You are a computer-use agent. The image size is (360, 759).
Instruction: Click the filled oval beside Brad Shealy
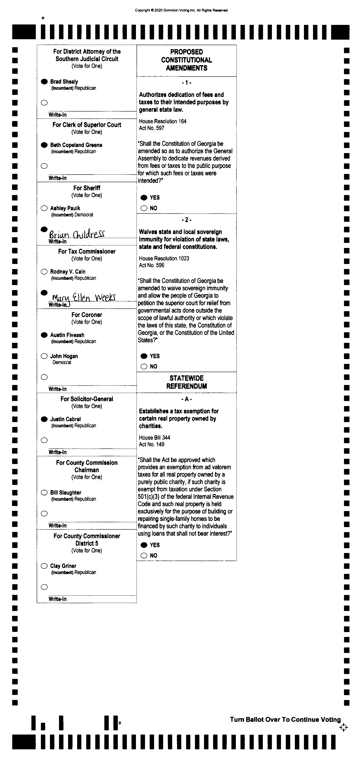point(44,82)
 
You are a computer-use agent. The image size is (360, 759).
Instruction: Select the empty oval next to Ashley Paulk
point(44,208)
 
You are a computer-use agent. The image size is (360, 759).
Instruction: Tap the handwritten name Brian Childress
point(77,234)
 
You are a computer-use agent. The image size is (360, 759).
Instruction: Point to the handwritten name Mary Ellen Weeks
point(84,297)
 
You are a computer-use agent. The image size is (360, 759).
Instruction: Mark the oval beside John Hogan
point(44,356)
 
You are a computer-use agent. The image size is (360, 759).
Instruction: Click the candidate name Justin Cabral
point(65,419)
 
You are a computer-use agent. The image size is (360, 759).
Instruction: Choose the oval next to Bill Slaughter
point(44,493)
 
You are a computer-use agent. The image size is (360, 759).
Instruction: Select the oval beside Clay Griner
point(44,566)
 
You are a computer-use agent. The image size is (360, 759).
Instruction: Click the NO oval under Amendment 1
point(144,208)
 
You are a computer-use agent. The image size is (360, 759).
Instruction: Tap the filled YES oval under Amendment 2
point(144,356)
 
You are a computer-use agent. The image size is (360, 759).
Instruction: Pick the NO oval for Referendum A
point(144,556)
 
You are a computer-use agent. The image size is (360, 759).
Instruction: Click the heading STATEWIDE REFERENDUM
point(187,382)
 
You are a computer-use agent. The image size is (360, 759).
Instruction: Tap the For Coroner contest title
point(87,315)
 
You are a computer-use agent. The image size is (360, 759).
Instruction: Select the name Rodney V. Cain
point(68,272)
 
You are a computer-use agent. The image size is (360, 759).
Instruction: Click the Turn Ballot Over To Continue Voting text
point(285,720)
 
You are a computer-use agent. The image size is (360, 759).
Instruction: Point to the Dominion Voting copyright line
point(181,10)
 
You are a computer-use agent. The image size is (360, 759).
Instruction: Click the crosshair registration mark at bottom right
point(344,727)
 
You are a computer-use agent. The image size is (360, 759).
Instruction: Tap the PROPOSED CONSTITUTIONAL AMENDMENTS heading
point(187,60)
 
